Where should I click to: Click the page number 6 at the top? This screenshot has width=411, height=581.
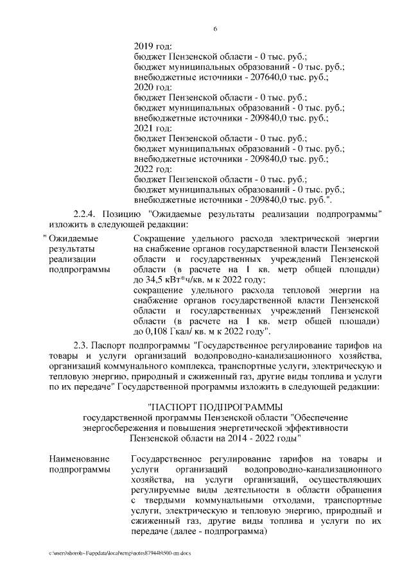[215, 29]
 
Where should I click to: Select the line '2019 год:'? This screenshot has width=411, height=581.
[153, 46]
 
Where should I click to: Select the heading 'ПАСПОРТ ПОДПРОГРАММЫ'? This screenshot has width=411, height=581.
[215, 406]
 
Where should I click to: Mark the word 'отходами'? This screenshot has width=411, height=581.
[284, 499]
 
